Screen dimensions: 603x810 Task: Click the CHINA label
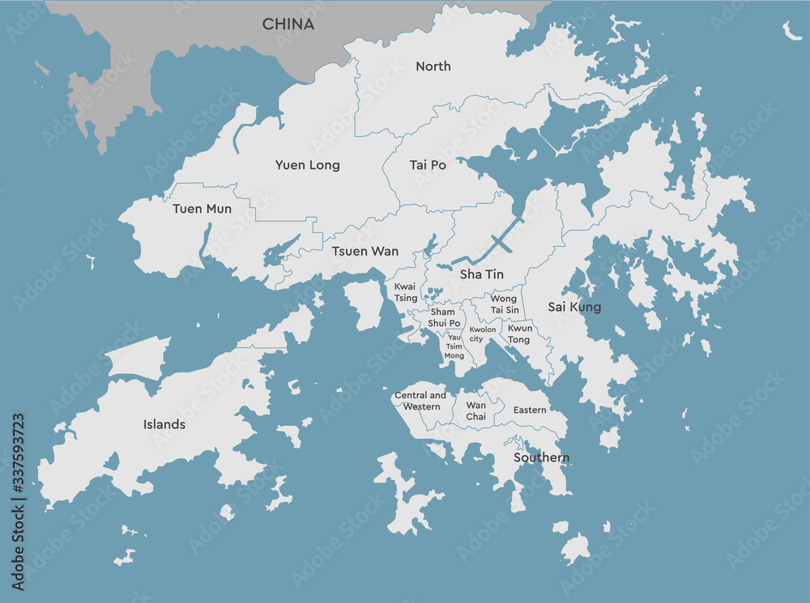288,24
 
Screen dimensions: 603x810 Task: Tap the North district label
433,66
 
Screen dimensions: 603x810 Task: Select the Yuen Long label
307,165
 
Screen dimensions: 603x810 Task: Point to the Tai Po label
428,165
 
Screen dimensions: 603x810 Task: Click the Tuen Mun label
202,209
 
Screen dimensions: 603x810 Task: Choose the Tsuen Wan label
364,252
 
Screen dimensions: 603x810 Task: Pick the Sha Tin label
482,274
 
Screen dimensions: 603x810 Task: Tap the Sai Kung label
574,307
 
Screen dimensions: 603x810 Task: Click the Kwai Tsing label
406,292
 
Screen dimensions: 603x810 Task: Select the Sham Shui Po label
443,317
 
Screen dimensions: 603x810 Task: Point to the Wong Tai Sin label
504,304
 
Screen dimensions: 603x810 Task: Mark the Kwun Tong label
520,334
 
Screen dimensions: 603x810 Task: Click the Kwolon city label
483,334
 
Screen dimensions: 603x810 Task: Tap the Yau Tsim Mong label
454,346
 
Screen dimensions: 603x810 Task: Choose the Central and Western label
420,401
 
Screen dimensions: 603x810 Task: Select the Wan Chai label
476,410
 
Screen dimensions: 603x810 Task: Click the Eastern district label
530,410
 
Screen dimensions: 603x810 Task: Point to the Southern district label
541,458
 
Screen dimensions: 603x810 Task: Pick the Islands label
164,424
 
